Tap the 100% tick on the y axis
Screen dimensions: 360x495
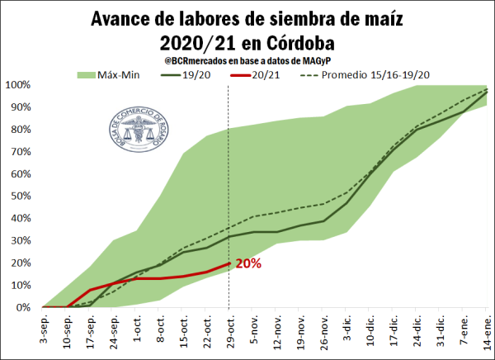click(x=17, y=85)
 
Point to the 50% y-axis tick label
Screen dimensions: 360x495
click(x=19, y=197)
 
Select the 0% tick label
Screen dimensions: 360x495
click(x=21, y=307)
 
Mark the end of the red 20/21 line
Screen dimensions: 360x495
click(x=229, y=263)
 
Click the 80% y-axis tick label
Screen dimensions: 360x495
click(x=19, y=130)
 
